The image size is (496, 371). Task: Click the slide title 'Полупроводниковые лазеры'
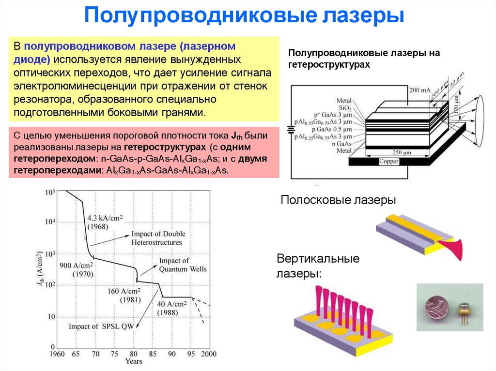pyautogui.click(x=245, y=16)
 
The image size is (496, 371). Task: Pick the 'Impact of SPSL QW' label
pyautogui.click(x=101, y=326)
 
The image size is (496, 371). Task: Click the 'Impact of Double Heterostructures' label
pyautogui.click(x=158, y=238)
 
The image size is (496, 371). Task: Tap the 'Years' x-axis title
pyautogui.click(x=134, y=361)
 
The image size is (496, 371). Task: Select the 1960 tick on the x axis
pyautogui.click(x=57, y=354)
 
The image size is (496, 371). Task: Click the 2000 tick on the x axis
pyautogui.click(x=208, y=354)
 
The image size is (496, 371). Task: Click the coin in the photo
pyautogui.click(x=434, y=308)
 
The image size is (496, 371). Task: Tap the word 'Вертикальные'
pyautogui.click(x=318, y=259)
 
